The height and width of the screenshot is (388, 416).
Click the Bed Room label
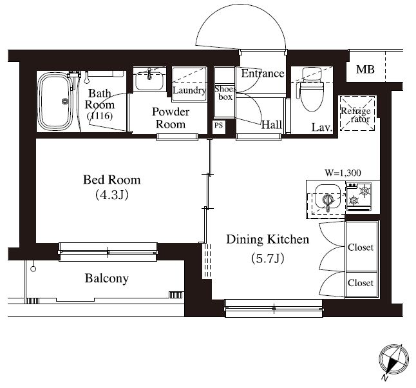(x=111, y=180)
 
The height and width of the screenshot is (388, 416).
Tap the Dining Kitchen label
(x=268, y=239)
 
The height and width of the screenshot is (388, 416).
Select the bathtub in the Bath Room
(x=55, y=101)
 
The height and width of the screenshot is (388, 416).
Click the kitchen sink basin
(x=328, y=197)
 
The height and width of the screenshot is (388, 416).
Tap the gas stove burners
(x=359, y=195)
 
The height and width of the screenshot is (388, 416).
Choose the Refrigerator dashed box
(x=357, y=113)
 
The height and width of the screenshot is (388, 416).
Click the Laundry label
(x=189, y=91)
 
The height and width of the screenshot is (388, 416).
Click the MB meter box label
(x=365, y=70)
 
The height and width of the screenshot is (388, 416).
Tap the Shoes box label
(x=225, y=93)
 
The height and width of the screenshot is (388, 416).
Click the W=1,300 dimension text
(x=343, y=173)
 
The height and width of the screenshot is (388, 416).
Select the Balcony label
(x=107, y=279)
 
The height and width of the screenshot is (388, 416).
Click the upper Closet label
(x=361, y=247)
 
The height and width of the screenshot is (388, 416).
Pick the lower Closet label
(x=361, y=283)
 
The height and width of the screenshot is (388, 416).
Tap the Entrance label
(x=262, y=73)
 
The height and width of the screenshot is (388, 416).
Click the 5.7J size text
(x=268, y=258)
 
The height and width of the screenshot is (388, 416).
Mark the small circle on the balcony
(x=33, y=269)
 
